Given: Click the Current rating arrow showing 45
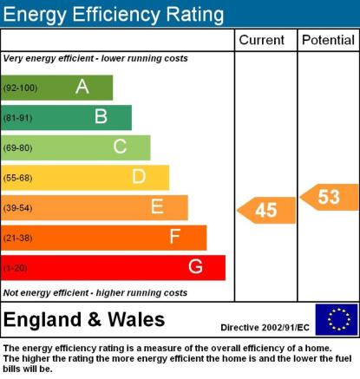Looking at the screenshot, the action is point(266,210).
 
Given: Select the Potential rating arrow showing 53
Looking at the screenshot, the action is point(330,197).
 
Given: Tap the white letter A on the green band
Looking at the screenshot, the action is point(82,87).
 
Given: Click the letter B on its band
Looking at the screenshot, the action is point(101,116).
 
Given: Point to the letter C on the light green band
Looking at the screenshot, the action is point(120,147).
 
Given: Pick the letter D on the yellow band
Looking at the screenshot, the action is point(139,176).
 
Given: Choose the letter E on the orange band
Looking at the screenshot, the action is point(157,206).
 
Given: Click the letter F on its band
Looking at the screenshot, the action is point(175,237).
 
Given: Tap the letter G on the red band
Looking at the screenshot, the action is point(195,266).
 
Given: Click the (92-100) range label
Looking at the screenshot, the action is point(20,88).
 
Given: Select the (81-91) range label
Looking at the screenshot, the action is point(17,118).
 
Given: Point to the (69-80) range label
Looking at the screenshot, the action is point(17,148).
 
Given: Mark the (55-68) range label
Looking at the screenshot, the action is point(17,178).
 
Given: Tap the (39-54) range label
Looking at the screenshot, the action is point(17,208).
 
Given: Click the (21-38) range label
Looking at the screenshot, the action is point(17,239).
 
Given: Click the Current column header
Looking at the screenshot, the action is point(262,40).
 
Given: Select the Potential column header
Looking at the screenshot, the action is point(328,40).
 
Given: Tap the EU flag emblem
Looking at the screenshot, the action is point(337,319).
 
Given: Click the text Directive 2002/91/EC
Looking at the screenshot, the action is point(265,328).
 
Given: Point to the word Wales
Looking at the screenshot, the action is point(136,319).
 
